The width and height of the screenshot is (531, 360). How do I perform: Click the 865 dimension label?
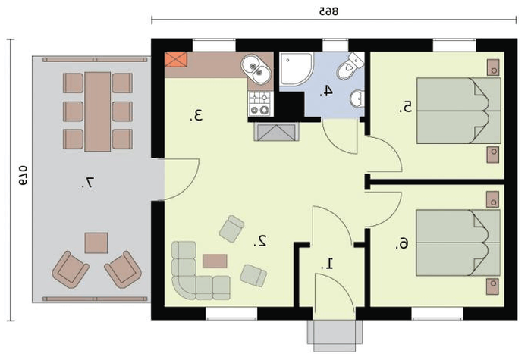(x=328, y=11)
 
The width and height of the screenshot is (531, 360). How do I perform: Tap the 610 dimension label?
(x=23, y=175)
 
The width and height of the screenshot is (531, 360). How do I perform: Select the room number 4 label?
(x=326, y=91)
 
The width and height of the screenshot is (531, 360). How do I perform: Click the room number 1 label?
(x=328, y=264)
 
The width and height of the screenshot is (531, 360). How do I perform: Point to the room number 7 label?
(x=87, y=183)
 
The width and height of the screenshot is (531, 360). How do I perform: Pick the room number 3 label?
(x=196, y=115)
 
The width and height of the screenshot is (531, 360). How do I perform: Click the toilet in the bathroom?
(x=350, y=67)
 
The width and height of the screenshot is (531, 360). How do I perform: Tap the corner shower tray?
(x=295, y=69)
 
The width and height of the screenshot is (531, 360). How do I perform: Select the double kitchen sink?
(x=256, y=70)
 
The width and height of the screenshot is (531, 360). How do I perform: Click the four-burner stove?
(x=259, y=104)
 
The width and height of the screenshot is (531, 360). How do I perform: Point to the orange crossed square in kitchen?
(x=176, y=60)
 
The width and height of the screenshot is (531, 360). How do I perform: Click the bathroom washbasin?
(x=357, y=99)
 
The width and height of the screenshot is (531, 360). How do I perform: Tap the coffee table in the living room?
(x=215, y=261)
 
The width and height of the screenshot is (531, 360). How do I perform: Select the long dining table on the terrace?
(x=98, y=111)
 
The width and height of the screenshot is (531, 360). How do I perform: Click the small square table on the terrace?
(x=96, y=243)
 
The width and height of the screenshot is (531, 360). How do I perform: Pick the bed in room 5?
(x=458, y=111)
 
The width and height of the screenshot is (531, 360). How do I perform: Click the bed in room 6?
(x=458, y=243)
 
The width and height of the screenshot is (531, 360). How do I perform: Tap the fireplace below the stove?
(x=276, y=132)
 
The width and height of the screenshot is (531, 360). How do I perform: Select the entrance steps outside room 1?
(x=335, y=336)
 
